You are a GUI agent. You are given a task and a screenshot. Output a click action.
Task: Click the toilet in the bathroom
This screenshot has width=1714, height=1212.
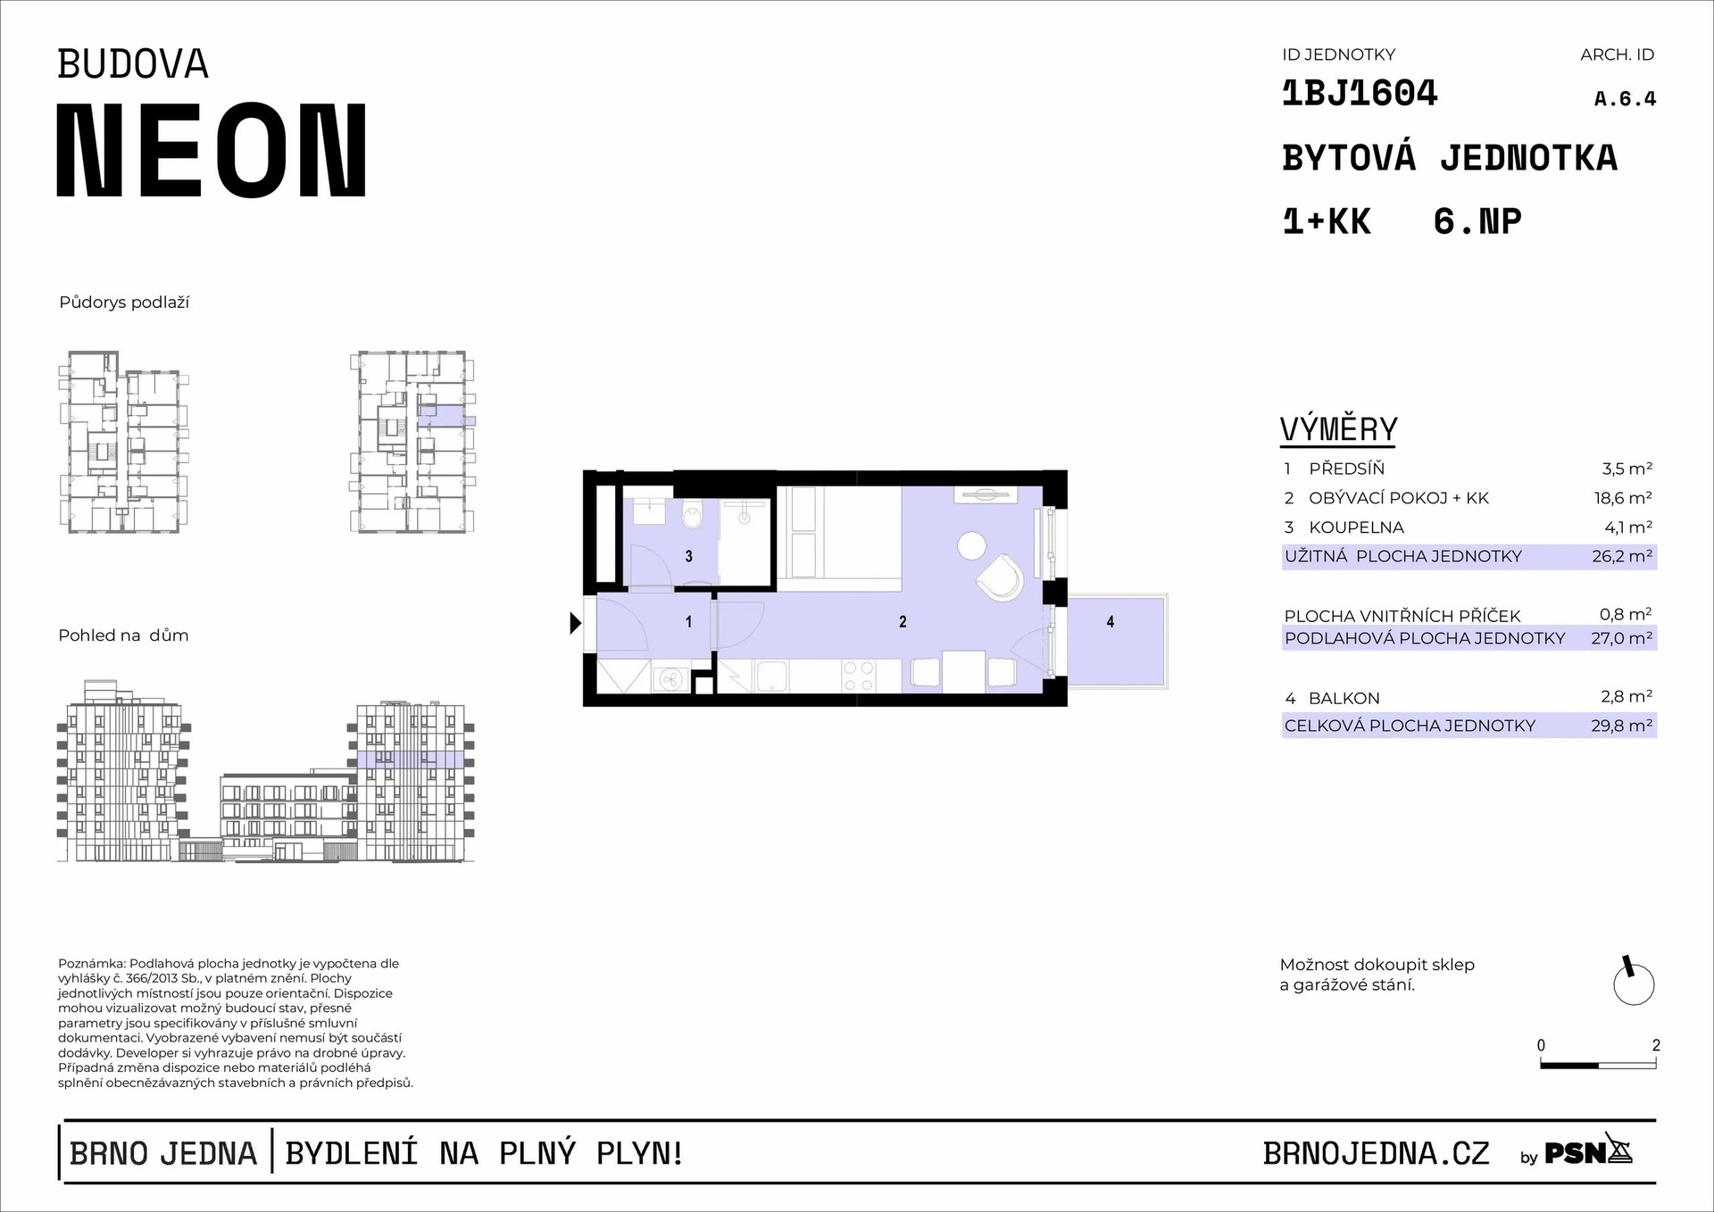[694, 516]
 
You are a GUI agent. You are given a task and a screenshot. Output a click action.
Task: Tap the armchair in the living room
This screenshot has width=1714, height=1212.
[1000, 577]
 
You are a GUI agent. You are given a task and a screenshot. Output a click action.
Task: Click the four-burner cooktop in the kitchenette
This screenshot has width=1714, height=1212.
[858, 676]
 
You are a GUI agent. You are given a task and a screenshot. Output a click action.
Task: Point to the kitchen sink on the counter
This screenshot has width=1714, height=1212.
[771, 676]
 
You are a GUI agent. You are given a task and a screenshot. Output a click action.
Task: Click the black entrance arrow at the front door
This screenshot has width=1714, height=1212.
[576, 623]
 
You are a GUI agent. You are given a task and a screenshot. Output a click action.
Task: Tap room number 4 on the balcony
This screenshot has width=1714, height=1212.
[1111, 622]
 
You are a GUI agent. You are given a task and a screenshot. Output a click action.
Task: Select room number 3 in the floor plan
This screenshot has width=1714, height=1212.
[689, 556]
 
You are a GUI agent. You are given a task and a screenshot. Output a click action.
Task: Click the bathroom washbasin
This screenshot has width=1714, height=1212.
[645, 511]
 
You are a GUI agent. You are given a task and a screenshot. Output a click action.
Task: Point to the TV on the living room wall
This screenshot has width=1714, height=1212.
[986, 494]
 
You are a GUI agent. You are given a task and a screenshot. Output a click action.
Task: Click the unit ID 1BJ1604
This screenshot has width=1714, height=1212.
[1360, 93]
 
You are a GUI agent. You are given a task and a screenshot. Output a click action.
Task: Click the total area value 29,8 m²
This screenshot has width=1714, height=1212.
[1621, 726]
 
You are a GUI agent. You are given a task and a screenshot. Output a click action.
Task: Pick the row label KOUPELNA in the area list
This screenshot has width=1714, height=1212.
[1356, 527]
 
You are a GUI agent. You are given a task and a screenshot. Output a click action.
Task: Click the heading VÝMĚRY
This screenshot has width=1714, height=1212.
[1338, 429]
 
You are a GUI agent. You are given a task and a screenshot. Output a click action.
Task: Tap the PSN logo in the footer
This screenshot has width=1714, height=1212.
[1588, 1153]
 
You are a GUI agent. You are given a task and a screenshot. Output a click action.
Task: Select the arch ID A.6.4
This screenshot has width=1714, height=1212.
[1625, 99]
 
